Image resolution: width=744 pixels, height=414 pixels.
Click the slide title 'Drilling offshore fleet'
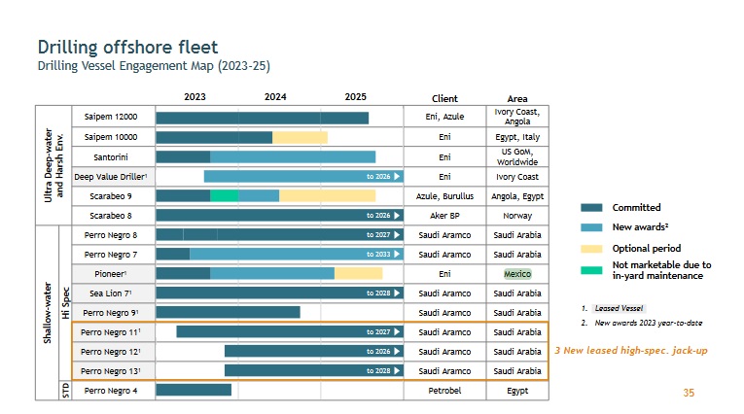click(x=127, y=47)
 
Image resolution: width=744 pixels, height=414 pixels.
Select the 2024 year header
click(x=275, y=97)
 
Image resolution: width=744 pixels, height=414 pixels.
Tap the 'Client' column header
click(x=444, y=98)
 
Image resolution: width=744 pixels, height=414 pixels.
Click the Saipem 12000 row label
click(x=112, y=118)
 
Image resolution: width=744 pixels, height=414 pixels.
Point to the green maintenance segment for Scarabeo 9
click(x=224, y=195)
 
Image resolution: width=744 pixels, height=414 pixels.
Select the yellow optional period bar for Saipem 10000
click(x=300, y=137)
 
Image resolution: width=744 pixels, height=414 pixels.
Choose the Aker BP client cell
click(x=444, y=216)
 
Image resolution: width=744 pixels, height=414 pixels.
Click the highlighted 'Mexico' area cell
click(x=517, y=274)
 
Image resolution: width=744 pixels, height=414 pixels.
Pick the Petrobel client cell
click(x=444, y=391)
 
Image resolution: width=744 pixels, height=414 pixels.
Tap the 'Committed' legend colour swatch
click(x=591, y=207)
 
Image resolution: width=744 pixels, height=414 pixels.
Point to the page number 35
click(x=689, y=393)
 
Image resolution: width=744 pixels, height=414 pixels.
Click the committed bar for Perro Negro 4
click(x=194, y=391)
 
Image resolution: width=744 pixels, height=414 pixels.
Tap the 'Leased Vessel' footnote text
click(x=620, y=308)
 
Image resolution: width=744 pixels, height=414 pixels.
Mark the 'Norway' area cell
click(x=517, y=216)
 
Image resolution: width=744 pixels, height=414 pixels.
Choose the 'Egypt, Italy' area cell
click(x=517, y=137)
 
